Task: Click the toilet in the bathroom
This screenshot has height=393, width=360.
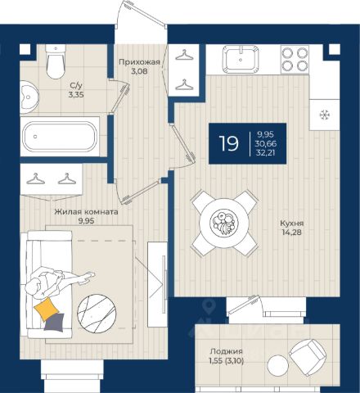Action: [56, 61]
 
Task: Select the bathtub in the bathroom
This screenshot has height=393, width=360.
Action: [60, 137]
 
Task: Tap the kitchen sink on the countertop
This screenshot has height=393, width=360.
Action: [241, 59]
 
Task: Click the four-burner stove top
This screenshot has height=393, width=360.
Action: [295, 59]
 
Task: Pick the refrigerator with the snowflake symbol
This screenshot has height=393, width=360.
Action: [325, 115]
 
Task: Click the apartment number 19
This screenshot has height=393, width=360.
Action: [229, 143]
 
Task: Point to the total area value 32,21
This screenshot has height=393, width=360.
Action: [266, 152]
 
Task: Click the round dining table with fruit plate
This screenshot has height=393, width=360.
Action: [224, 223]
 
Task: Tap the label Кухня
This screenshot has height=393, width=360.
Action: [292, 224]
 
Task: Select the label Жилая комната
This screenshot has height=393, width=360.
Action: [86, 212]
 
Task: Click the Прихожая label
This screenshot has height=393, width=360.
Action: [139, 62]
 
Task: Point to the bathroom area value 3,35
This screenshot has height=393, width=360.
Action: [76, 95]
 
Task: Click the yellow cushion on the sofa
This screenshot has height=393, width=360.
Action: [47, 309]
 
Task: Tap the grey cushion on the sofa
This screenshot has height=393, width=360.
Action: [55, 323]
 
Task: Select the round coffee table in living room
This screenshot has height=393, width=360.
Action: [97, 314]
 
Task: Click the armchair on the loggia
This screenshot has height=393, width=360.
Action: [308, 355]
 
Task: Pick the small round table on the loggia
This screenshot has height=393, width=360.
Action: [277, 366]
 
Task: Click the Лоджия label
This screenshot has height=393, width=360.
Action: [227, 351]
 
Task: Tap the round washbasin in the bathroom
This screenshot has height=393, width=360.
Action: [29, 97]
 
